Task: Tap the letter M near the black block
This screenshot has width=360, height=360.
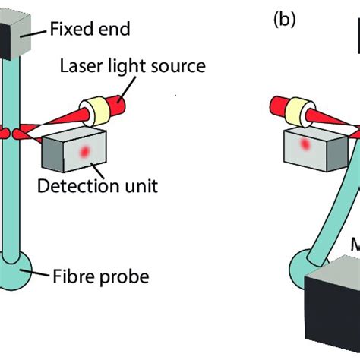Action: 354,267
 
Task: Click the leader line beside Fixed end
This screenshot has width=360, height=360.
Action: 40,31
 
